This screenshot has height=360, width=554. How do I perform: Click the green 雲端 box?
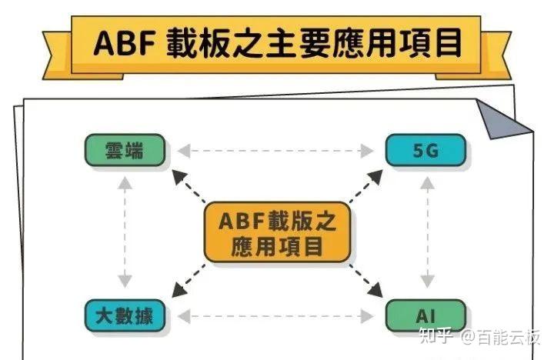click(x=125, y=150)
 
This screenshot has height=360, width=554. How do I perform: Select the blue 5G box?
click(x=426, y=150)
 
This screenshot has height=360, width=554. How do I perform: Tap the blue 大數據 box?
click(x=125, y=315)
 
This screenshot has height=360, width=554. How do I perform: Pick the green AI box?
click(x=426, y=315)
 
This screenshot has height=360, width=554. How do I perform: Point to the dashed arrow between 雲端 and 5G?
click(x=275, y=150)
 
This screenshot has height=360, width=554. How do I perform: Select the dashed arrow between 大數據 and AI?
click(x=275, y=315)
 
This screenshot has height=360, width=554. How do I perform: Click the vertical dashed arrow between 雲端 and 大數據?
click(x=125, y=232)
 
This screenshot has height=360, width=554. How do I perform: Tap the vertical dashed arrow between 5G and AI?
click(x=426, y=232)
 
